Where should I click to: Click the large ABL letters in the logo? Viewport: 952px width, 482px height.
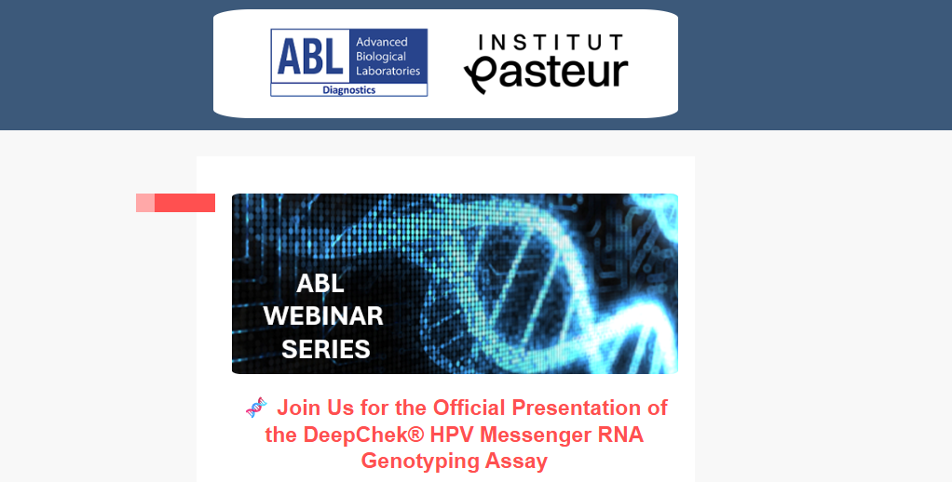pyautogui.click(x=310, y=57)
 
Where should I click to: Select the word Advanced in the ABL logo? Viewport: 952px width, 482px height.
pyautogui.click(x=381, y=42)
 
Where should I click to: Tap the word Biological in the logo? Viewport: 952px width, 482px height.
pyautogui.click(x=381, y=57)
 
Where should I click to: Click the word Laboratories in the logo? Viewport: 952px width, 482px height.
pyautogui.click(x=388, y=71)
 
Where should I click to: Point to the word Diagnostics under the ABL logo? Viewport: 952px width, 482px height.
pyautogui.click(x=349, y=90)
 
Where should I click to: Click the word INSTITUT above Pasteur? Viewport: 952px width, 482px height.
pyautogui.click(x=551, y=43)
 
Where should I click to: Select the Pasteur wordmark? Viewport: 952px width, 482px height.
pyautogui.click(x=546, y=74)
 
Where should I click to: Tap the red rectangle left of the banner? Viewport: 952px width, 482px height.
pyautogui.click(x=175, y=203)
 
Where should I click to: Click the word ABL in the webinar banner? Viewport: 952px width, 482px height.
pyautogui.click(x=320, y=283)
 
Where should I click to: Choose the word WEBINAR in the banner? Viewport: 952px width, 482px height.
pyautogui.click(x=323, y=315)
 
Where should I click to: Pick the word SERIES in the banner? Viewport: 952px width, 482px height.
pyautogui.click(x=326, y=349)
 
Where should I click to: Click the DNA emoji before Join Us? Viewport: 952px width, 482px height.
pyautogui.click(x=256, y=408)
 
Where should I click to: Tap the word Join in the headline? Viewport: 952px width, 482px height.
pyautogui.click(x=299, y=408)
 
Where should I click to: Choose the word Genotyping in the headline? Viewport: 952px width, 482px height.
pyautogui.click(x=415, y=462)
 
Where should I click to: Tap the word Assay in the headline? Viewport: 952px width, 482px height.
pyautogui.click(x=511, y=462)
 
